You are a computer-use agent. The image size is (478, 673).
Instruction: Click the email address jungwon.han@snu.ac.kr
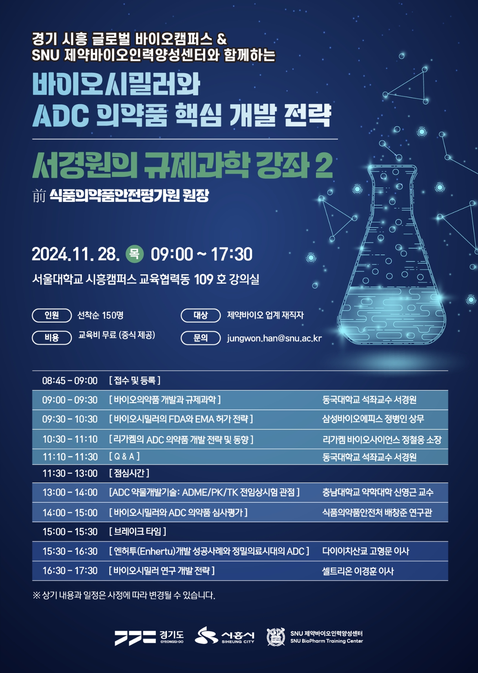274,338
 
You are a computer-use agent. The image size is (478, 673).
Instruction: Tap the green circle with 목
134,254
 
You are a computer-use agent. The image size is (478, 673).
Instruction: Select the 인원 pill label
52,315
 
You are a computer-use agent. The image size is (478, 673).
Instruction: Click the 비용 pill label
52,337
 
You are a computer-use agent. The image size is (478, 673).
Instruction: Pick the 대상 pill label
201,315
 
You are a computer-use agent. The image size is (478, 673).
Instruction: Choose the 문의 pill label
201,338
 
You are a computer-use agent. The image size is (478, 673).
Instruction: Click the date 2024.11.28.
76,254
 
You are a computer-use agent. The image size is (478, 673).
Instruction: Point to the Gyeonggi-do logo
149,638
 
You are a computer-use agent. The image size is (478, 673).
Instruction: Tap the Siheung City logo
224,636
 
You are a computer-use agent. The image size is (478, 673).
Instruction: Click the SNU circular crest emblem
276,637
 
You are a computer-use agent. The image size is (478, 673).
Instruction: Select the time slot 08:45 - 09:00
70,381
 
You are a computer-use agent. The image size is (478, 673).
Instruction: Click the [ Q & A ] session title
124,457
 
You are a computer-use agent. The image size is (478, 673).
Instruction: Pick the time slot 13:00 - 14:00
70,492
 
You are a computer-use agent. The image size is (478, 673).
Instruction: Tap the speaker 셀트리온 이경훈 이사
358,571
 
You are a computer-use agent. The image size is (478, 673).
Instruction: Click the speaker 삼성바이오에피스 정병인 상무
373,419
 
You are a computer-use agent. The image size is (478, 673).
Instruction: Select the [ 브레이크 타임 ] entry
137,531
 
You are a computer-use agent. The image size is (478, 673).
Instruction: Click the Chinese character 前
39,196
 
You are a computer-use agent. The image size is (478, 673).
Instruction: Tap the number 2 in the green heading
324,165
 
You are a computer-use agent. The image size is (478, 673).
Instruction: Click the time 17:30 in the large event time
232,254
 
